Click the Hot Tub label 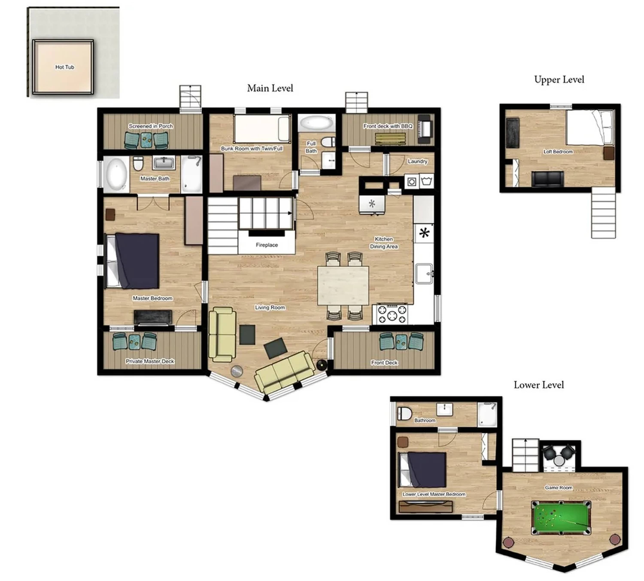coord(65,67)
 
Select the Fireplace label coord(267,245)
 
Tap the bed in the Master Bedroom coord(133,261)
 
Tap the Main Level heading coord(270,88)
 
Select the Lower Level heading coord(539,385)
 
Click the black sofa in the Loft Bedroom coord(547,179)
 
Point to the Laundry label coord(418,161)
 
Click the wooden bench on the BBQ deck coord(390,139)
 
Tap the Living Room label coord(270,307)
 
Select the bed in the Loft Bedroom coord(590,128)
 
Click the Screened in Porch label coord(151,126)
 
